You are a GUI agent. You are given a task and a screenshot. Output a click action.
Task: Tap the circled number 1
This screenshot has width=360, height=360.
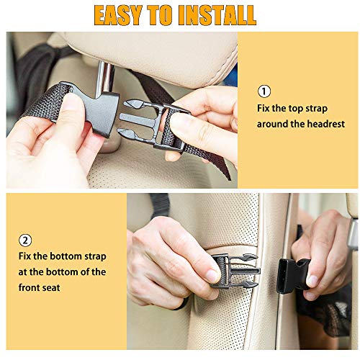pos(264,91)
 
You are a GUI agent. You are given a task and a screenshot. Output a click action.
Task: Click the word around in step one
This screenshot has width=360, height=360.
pos(274,124)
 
